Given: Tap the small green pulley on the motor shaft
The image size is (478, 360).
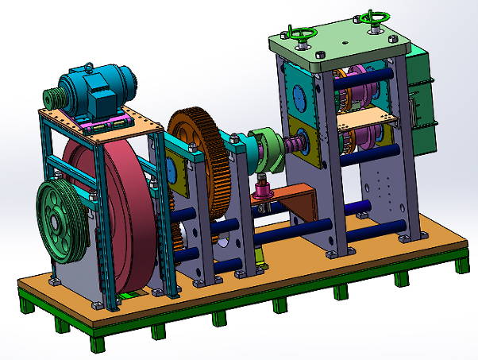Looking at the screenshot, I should (53, 98).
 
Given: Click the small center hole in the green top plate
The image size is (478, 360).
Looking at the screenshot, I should (345, 44).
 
